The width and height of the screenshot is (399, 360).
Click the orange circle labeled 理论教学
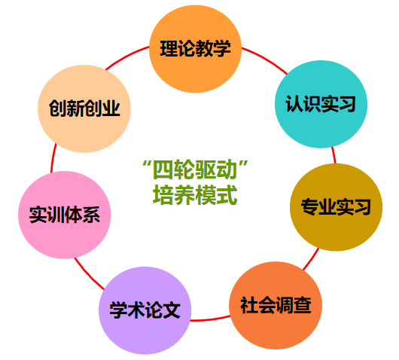pyautogui.click(x=195, y=49)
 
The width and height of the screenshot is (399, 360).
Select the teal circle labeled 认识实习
pyautogui.click(x=321, y=104)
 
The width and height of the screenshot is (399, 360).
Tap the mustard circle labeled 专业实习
pyautogui.click(x=337, y=207)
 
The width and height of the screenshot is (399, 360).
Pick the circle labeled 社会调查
pyautogui.click(x=276, y=305)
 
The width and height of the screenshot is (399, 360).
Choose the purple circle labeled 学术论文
pyautogui.click(x=145, y=310)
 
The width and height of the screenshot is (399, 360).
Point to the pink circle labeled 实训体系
pyautogui.click(x=65, y=215)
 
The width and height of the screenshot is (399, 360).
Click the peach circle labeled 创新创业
pyautogui.click(x=84, y=108)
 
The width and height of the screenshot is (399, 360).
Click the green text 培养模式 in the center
pyautogui.click(x=195, y=195)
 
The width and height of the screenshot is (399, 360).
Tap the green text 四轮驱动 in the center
pyautogui.click(x=195, y=169)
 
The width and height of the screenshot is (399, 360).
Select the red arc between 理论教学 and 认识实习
pyautogui.click(x=266, y=59)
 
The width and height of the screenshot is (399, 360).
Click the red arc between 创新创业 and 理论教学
pyautogui.click(x=126, y=56)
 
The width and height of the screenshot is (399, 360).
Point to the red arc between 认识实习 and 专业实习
pyautogui.click(x=334, y=155)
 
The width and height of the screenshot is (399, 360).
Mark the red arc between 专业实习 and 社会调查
pyautogui.click(x=311, y=259)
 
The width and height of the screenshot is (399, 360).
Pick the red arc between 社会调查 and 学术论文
pyautogui.click(x=210, y=319)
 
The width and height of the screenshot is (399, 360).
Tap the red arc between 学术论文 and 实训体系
pyautogui.click(x=88, y=275)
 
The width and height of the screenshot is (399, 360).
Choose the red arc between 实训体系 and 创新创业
pyautogui.click(x=53, y=158)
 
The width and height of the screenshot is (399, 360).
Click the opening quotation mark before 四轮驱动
pyautogui.click(x=146, y=163)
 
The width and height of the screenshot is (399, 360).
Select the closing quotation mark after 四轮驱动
pyautogui.click(x=244, y=163)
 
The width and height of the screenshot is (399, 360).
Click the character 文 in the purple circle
pyautogui.click(x=171, y=310)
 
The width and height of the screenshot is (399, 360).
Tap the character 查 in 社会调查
pyautogui.click(x=303, y=305)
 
